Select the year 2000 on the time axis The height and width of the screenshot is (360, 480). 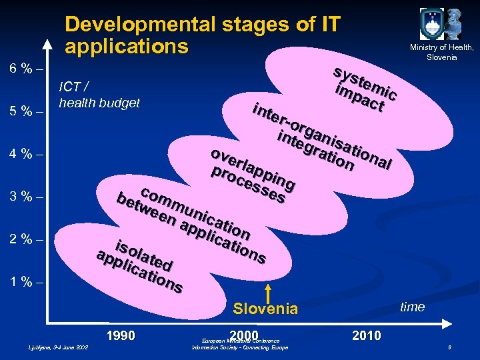243,334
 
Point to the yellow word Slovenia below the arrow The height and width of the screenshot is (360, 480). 265,309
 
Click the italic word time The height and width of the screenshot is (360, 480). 412,307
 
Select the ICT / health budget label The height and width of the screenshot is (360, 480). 99,94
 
